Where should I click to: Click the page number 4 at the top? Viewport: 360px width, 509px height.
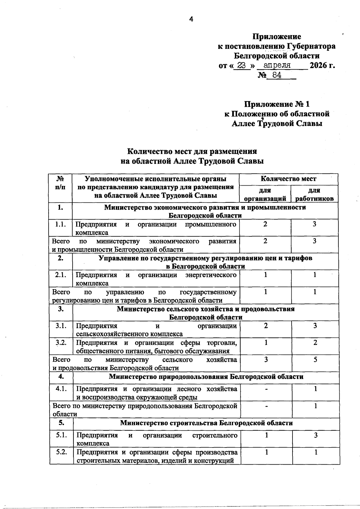click(191, 19)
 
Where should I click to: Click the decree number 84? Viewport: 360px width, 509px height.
click(275, 75)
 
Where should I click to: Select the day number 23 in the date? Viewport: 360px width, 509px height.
click(242, 65)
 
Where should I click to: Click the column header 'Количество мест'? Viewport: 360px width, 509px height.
click(288, 179)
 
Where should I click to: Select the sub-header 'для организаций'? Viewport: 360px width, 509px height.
click(265, 194)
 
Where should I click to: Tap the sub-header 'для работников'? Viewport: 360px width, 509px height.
click(314, 194)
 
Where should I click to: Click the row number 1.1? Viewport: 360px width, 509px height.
click(61, 224)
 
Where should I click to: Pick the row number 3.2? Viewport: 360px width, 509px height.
click(61, 343)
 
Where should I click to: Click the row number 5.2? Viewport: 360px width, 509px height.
click(61, 452)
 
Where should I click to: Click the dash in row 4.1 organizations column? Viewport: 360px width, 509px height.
click(266, 389)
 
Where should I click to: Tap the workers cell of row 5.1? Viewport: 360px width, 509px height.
click(316, 435)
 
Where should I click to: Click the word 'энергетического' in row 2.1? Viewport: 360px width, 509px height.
click(211, 275)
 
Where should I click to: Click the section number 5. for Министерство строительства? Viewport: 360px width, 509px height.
click(61, 423)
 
